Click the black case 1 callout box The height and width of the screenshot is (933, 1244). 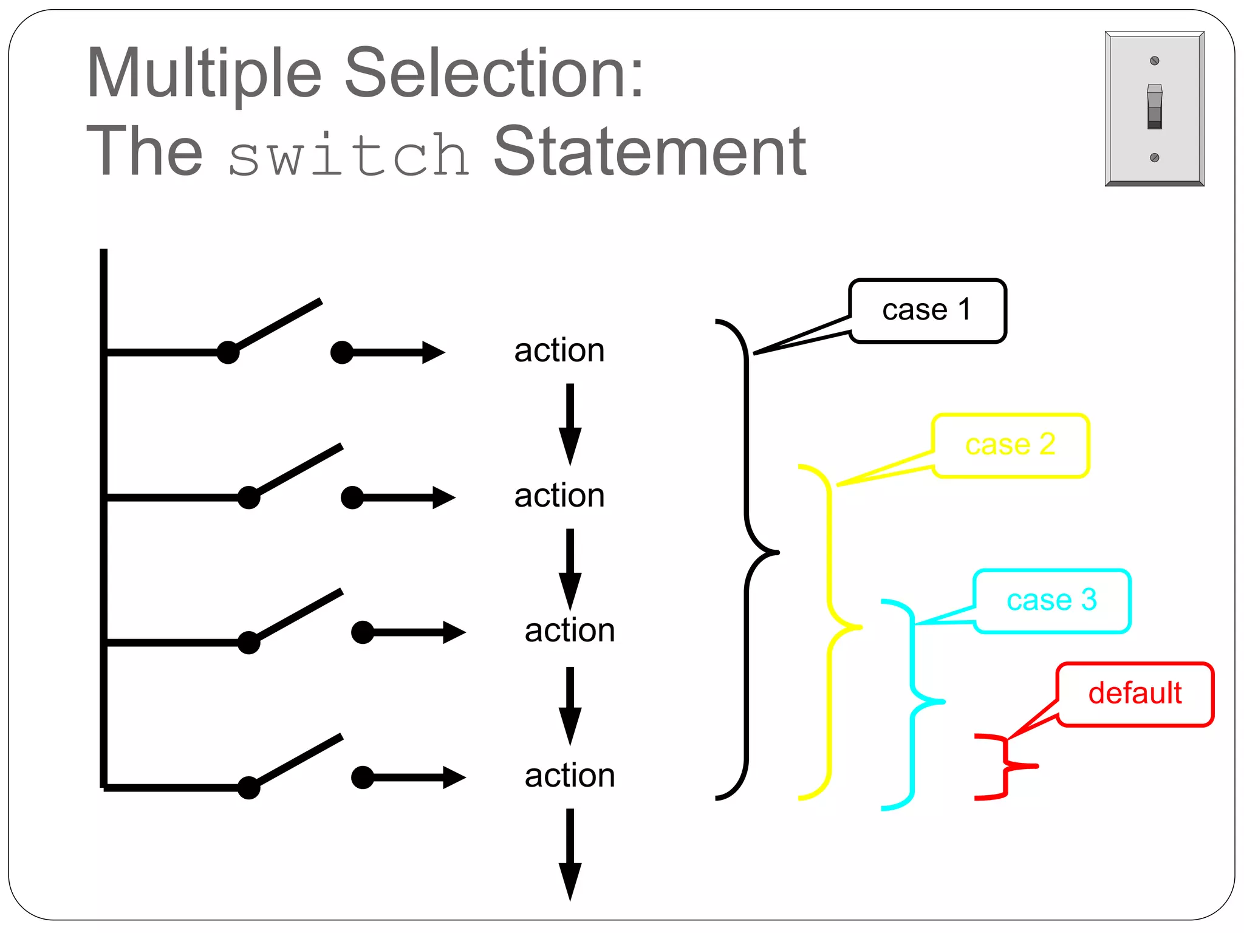[x=927, y=311]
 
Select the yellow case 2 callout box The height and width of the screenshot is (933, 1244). [x=1010, y=445]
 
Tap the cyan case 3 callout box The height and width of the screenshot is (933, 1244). [x=1051, y=601]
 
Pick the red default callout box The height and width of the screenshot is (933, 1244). [x=1135, y=694]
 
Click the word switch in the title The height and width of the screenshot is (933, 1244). [x=349, y=155]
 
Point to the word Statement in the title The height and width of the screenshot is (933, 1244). [x=649, y=152]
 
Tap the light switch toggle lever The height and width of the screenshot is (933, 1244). [x=1154, y=107]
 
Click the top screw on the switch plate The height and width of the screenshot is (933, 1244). [x=1155, y=61]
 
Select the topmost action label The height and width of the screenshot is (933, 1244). [x=559, y=351]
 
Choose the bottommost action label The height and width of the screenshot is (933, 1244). [x=570, y=776]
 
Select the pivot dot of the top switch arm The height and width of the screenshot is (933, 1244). [x=228, y=352]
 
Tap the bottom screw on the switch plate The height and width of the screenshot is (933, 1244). [x=1155, y=158]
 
